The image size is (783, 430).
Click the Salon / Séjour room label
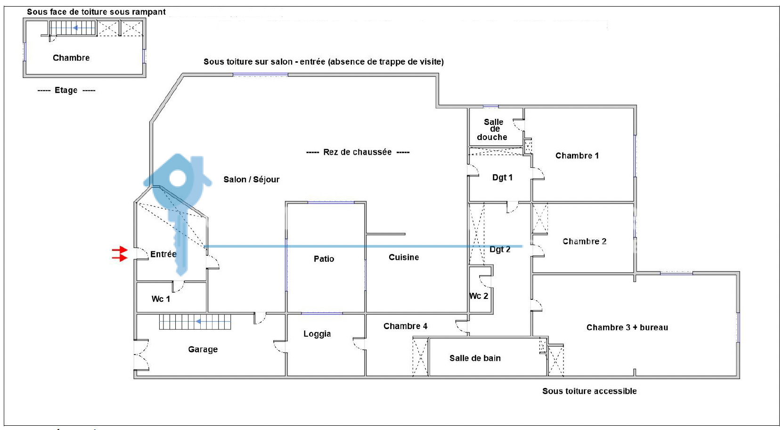251,180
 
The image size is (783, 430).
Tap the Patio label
324,259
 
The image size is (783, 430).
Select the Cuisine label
404,257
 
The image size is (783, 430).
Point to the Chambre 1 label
577,156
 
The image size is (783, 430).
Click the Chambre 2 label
584,241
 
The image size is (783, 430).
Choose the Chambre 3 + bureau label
627,328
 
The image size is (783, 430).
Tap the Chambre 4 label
405,326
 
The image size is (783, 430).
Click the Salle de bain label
475,358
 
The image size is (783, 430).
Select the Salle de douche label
492,130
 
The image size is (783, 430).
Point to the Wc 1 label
161,299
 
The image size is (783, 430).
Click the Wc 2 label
479,296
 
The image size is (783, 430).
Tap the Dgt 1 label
502,177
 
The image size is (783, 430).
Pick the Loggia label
317,334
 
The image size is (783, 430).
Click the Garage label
203,349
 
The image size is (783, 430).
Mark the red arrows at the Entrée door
120,254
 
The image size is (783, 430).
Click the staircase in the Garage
195,322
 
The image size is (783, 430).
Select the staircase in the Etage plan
73,28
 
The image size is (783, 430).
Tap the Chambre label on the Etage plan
71,58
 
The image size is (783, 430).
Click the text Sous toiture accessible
589,391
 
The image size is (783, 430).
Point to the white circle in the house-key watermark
178,178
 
